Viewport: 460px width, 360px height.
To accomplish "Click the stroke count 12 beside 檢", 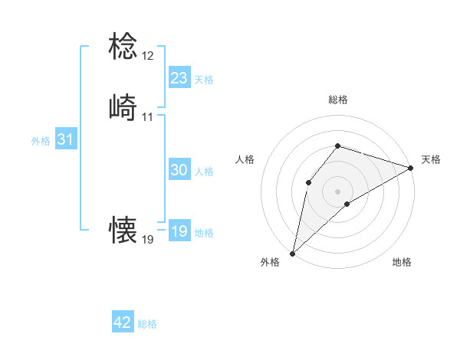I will click(x=147, y=57).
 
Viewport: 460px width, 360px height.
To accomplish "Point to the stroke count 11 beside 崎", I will click(x=147, y=117).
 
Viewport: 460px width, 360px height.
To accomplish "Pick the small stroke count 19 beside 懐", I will click(x=147, y=240).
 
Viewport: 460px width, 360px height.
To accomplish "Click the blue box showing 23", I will click(x=179, y=78).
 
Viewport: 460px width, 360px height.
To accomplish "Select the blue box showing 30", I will click(x=179, y=171).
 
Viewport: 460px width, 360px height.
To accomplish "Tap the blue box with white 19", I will click(x=179, y=232).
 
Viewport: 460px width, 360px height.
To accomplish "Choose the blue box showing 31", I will click(x=66, y=140).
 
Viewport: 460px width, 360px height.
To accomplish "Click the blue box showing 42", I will click(x=123, y=323).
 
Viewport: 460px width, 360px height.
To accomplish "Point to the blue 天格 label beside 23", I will click(x=204, y=79).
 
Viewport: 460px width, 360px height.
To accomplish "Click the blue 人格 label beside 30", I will click(x=204, y=172).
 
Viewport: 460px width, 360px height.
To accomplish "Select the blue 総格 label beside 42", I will click(x=147, y=324).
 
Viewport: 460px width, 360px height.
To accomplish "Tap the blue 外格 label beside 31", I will click(x=41, y=141).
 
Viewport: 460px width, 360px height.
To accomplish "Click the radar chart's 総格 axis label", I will click(x=338, y=100).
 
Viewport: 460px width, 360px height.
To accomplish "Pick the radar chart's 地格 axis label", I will click(x=402, y=262).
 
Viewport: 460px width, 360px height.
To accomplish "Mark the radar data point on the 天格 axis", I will click(x=411, y=167).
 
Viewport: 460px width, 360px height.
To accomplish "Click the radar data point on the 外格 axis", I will click(x=292, y=253).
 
